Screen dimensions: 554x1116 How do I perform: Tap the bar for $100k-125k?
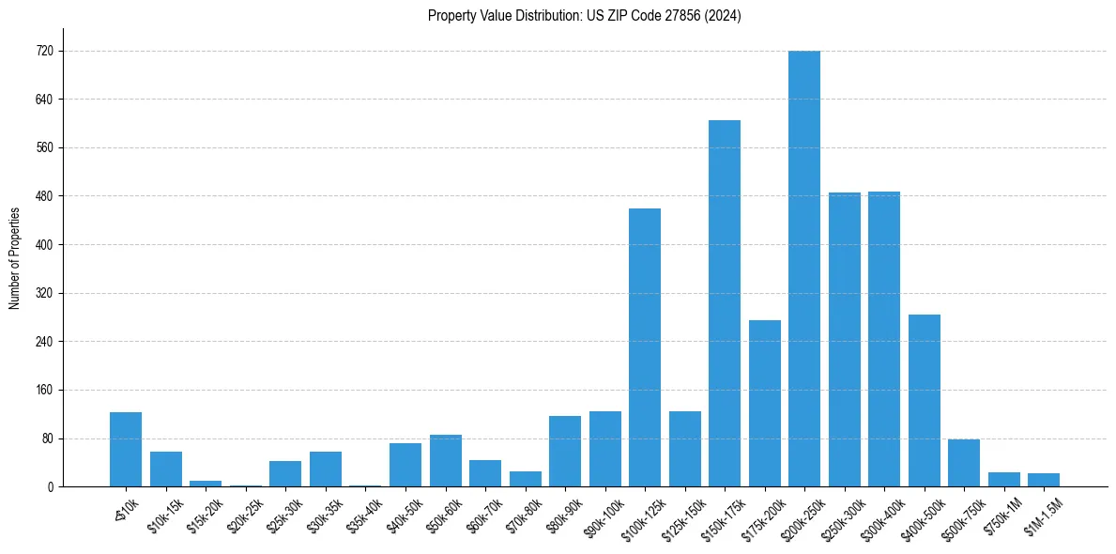(x=645, y=347)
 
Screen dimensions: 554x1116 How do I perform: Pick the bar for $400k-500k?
(x=925, y=400)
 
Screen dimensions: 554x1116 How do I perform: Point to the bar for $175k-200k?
(x=765, y=403)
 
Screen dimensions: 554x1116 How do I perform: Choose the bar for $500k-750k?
(x=964, y=463)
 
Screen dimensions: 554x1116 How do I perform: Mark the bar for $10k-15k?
(x=166, y=469)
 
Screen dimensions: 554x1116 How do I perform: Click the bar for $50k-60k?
(x=446, y=460)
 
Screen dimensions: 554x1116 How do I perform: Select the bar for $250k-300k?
(x=845, y=339)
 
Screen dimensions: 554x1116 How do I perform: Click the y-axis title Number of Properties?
(x=14, y=258)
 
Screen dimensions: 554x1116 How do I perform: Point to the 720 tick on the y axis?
(x=44, y=51)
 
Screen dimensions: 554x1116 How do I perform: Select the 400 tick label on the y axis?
(x=44, y=244)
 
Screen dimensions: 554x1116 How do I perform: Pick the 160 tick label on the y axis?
(x=44, y=390)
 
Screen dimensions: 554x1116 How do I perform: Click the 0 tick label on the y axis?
(x=50, y=486)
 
